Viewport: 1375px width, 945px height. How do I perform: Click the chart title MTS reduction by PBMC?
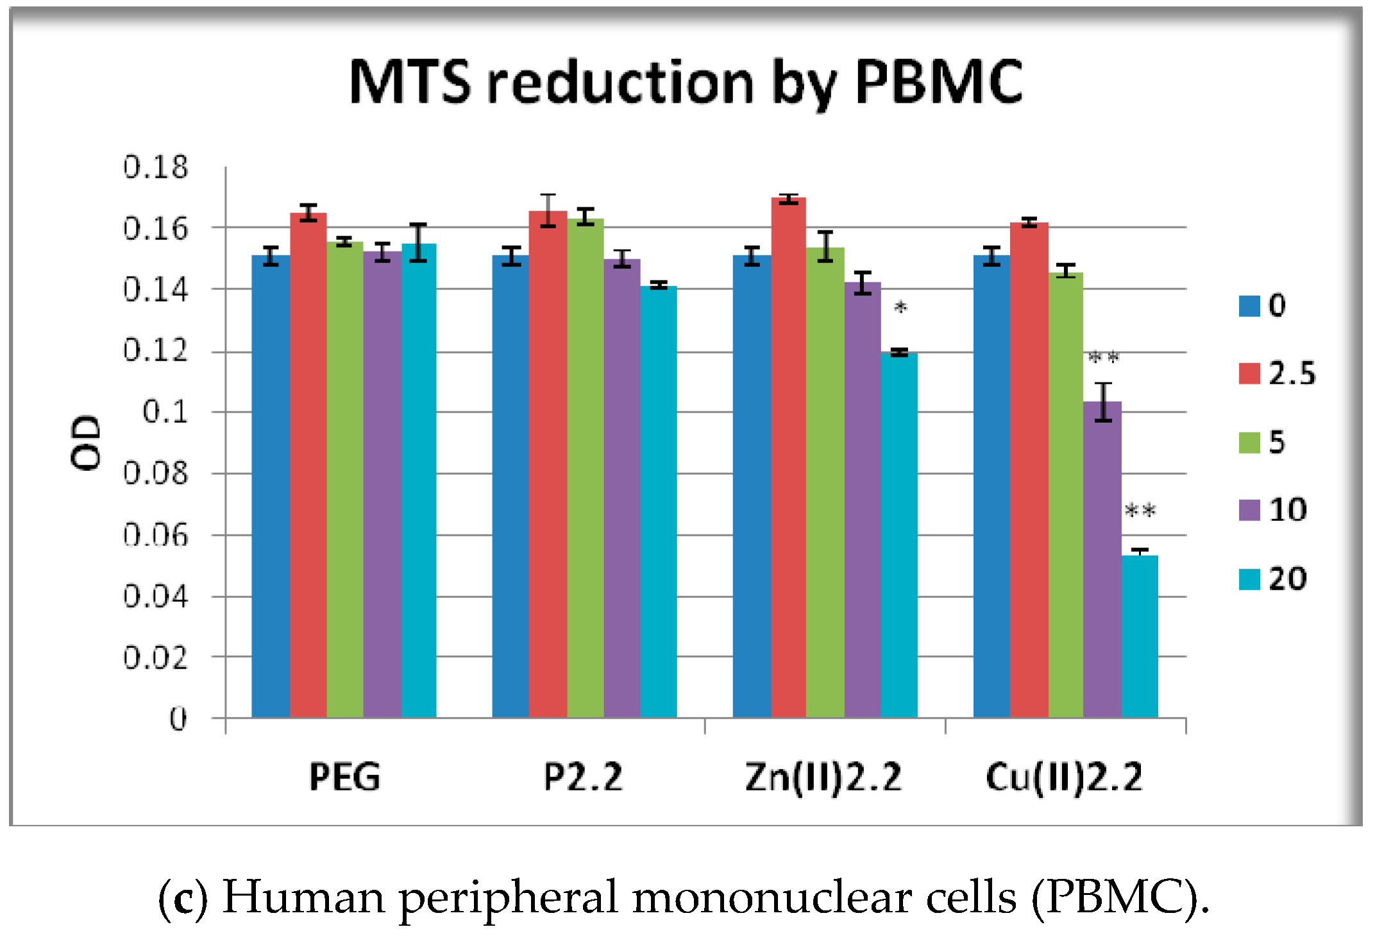click(x=685, y=82)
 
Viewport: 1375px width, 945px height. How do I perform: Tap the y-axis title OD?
click(x=86, y=443)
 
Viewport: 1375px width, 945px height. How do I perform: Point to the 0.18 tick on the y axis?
click(x=155, y=167)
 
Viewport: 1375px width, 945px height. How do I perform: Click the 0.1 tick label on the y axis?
click(x=165, y=412)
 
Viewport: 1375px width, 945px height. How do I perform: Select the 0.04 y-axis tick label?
click(x=155, y=597)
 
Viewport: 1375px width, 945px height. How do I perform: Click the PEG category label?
click(x=344, y=777)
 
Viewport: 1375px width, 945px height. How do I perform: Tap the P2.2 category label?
click(x=583, y=777)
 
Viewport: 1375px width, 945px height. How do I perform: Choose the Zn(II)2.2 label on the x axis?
click(x=823, y=777)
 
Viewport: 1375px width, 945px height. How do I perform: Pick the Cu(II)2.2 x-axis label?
click(x=1064, y=777)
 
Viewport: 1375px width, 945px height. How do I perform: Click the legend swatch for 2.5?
click(x=1249, y=373)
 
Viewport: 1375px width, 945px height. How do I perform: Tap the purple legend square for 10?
click(x=1249, y=510)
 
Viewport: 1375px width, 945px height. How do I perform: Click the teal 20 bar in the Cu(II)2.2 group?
click(x=1140, y=635)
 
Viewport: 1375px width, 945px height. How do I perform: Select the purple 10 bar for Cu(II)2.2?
click(x=1102, y=558)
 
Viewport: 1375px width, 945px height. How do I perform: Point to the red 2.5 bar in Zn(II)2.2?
click(x=788, y=455)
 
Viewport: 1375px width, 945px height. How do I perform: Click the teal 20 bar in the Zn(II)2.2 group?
click(x=898, y=532)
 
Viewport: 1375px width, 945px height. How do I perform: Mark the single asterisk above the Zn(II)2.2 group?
click(x=900, y=309)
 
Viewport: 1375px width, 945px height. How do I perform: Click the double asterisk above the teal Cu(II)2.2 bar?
click(x=1140, y=511)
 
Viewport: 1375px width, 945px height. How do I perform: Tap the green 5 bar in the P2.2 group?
click(x=585, y=468)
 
